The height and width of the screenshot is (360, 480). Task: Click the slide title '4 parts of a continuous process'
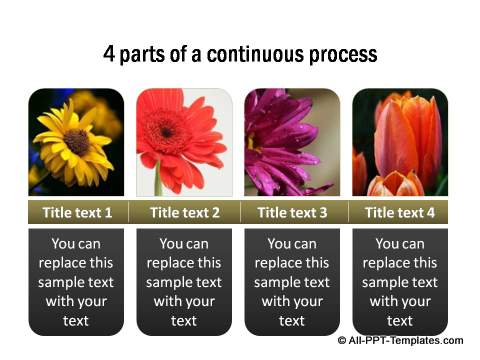[240, 54]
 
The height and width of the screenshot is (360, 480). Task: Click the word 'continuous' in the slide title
[263, 54]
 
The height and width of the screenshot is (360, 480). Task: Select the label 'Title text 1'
[76, 212]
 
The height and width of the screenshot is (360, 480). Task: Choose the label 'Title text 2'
[184, 212]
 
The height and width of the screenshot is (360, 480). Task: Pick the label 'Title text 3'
[292, 212]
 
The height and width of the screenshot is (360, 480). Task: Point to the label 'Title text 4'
[400, 212]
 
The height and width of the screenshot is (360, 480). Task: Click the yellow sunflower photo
[76, 142]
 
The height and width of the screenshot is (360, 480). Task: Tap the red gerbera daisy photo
[184, 142]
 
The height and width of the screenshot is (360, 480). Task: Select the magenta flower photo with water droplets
[292, 142]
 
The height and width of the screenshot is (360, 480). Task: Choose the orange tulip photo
[400, 142]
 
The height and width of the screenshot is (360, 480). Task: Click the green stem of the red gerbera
[158, 180]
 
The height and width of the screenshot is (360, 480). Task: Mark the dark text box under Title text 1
[76, 281]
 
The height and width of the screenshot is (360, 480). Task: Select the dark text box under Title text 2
[184, 281]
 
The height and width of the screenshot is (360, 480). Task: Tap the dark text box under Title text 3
[292, 281]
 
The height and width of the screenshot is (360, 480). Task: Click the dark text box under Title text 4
[400, 281]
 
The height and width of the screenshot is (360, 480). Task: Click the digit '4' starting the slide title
[109, 54]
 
